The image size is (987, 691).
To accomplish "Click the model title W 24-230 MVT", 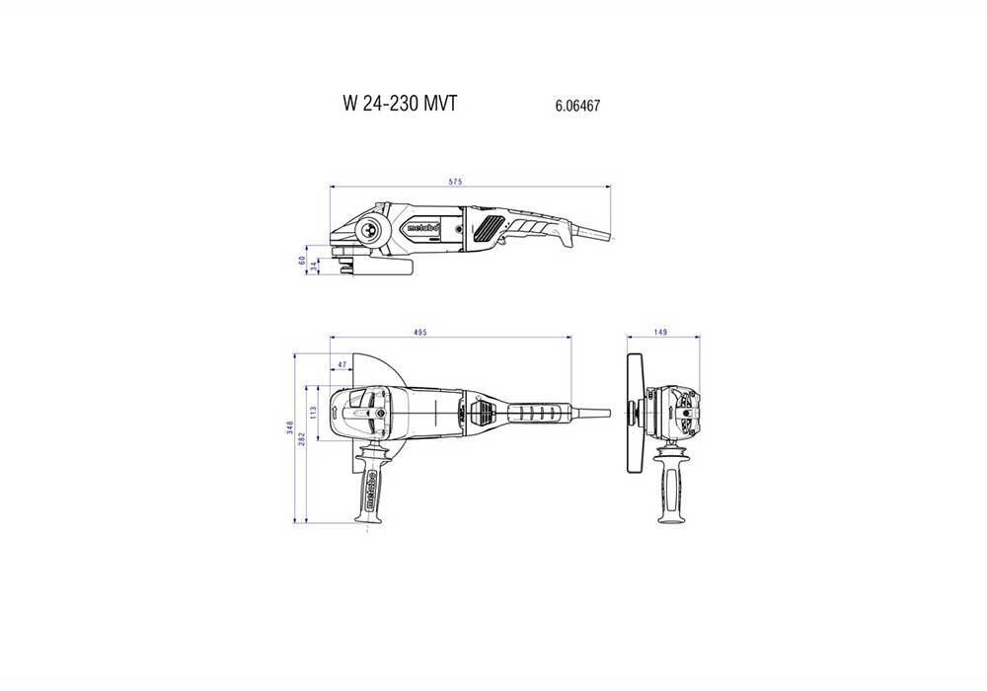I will pos(400,104).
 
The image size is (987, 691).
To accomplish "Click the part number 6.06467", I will pos(579,105).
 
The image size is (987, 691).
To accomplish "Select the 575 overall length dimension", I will pos(456,182).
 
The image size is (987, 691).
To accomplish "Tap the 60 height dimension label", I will pos(303,261).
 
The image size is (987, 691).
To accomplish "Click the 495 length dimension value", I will pos(419,334).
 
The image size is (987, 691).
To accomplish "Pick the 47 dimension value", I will pos(342,365).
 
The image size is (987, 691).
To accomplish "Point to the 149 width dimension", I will pos(661,334).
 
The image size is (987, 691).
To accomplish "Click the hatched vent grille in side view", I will pos(484,232).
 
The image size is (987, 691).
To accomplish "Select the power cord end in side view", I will pos(602,236).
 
